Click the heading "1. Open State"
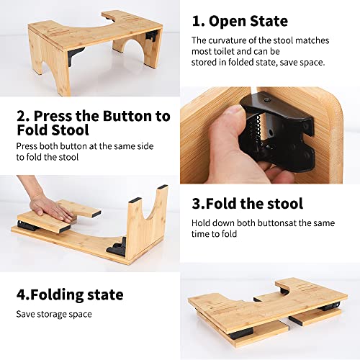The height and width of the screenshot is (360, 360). (240, 21)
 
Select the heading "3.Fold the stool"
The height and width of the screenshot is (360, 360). (247, 204)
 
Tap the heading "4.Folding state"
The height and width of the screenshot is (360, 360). (70, 295)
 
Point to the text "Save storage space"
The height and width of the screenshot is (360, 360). (54, 314)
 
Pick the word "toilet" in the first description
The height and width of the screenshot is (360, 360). (222, 51)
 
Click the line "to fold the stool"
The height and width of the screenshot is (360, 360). (48, 157)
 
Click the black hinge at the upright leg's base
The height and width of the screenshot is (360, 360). (117, 246)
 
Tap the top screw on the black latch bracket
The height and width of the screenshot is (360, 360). (266, 99)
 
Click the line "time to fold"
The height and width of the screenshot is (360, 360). (214, 234)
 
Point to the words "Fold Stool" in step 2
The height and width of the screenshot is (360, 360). (53, 130)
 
